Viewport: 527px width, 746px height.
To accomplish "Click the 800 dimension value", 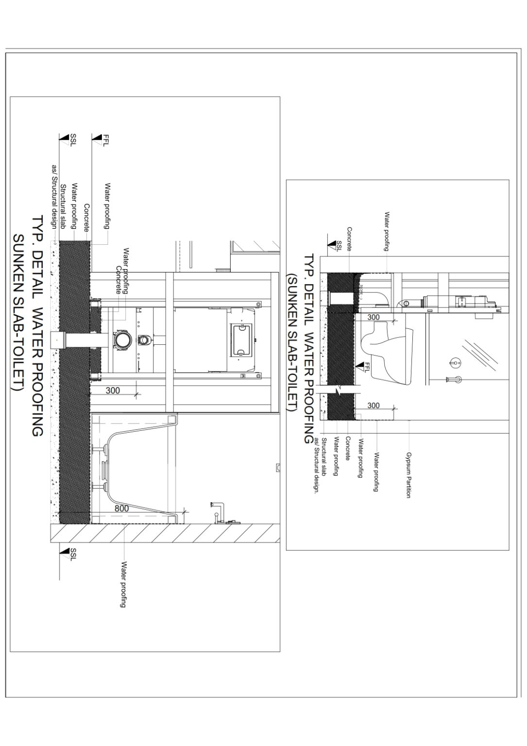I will tap(122, 509).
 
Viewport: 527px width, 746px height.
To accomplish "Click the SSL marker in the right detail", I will tap(335, 247).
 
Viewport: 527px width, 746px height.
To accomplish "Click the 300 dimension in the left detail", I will tap(113, 390).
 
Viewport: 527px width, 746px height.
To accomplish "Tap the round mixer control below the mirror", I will tap(455, 362).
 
